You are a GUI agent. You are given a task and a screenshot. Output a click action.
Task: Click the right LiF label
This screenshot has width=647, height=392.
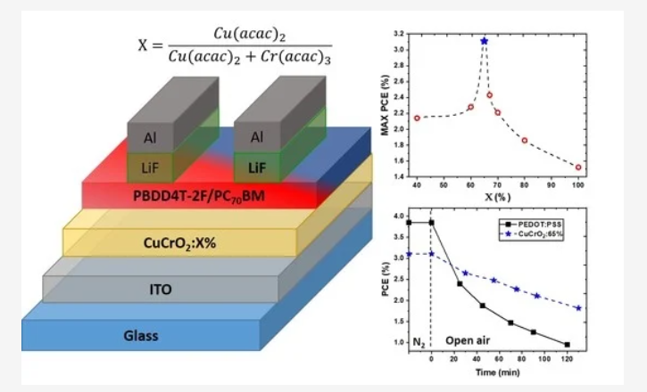coord(256,166)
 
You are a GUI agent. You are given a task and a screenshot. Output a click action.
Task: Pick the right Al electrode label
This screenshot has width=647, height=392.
coord(256,138)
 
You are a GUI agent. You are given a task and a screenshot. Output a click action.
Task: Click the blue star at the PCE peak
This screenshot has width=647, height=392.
coord(485,41)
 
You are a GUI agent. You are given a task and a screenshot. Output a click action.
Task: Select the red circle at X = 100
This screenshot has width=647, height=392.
coord(578,167)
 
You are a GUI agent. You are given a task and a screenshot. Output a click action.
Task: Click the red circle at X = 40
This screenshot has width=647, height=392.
coord(417,118)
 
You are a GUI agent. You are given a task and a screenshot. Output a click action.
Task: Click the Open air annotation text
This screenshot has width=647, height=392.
coord(469,340)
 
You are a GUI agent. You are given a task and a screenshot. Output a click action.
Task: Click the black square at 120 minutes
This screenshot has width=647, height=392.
coord(567,344)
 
